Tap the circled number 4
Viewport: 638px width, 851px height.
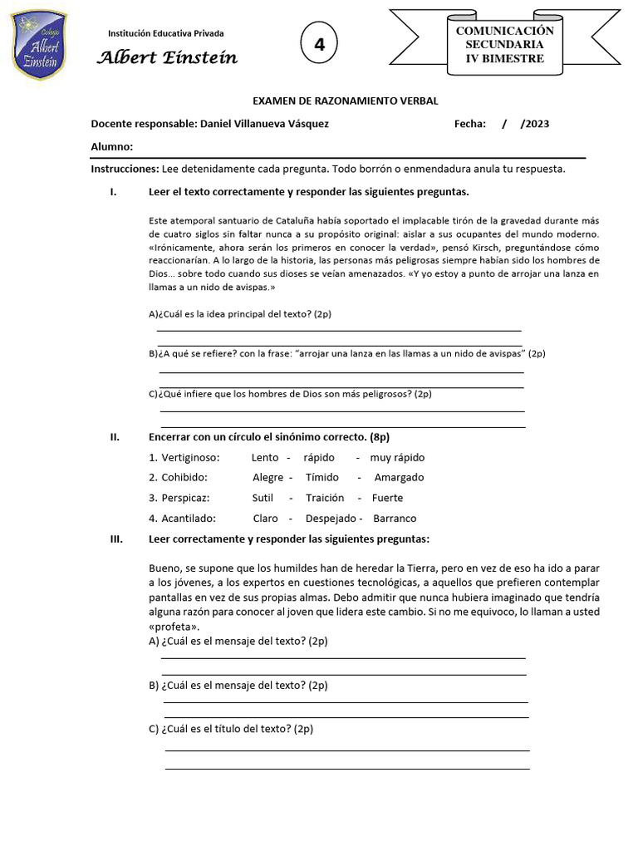click(319, 45)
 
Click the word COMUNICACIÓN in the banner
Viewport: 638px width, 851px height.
click(504, 30)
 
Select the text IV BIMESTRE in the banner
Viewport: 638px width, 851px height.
click(504, 58)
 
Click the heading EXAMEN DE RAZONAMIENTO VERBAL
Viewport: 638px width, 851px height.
click(345, 101)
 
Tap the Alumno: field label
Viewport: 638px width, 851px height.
click(111, 147)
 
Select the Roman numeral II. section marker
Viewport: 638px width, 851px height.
click(115, 437)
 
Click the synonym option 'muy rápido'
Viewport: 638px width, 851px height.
click(397, 458)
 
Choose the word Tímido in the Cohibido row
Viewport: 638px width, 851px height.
click(322, 478)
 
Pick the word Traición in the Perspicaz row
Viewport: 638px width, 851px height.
click(324, 498)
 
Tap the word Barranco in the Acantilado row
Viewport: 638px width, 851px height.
click(395, 518)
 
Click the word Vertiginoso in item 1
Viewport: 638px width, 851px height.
click(190, 458)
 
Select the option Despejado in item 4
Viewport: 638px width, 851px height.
click(331, 518)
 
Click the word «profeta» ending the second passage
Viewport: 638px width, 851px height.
click(174, 627)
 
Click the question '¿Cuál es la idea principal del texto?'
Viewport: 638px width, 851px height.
click(239, 314)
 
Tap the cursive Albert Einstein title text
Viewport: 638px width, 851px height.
click(167, 57)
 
